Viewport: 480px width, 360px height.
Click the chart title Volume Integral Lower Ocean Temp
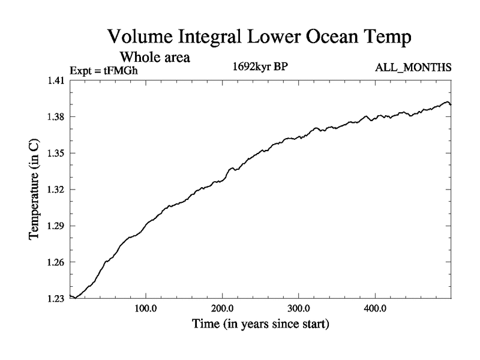pyautogui.click(x=260, y=37)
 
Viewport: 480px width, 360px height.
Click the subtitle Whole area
pyautogui.click(x=155, y=58)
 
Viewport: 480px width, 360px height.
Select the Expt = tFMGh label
pyautogui.click(x=108, y=69)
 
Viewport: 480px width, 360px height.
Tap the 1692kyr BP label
pyautogui.click(x=260, y=67)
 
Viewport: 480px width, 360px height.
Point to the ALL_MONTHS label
pyautogui.click(x=413, y=67)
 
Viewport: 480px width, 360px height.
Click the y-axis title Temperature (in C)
pyautogui.click(x=34, y=190)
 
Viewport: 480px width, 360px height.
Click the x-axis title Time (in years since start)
pyautogui.click(x=260, y=325)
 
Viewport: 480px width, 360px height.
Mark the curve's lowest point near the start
pyautogui.click(x=76, y=298)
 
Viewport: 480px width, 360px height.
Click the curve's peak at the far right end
pyautogui.click(x=446, y=102)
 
